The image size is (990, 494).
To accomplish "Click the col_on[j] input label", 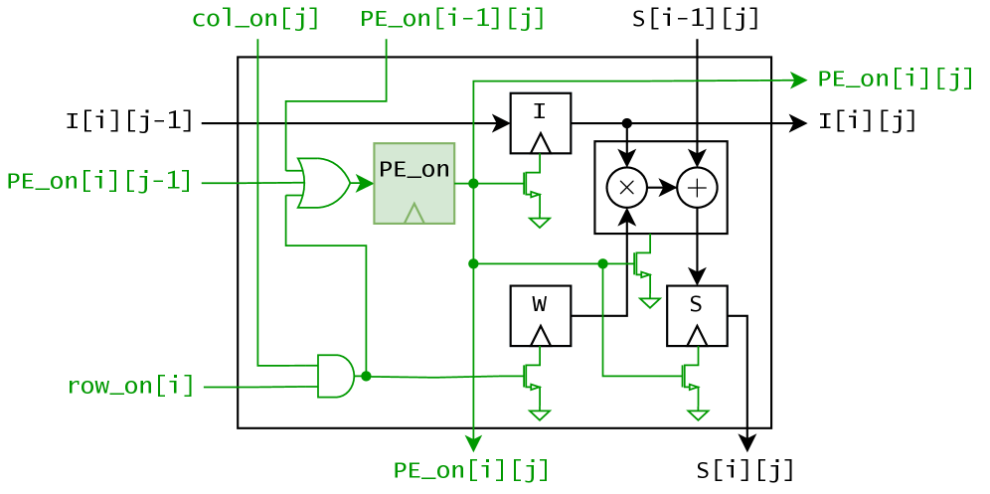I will click(255, 19).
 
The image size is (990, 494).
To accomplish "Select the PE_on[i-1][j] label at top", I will click(452, 19).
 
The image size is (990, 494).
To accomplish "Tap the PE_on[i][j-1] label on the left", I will click(98, 182).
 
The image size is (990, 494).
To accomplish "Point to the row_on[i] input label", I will click(130, 386).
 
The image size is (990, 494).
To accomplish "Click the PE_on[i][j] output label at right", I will click(895, 80).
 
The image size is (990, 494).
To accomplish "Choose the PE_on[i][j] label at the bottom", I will click(471, 470).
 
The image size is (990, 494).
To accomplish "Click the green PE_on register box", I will click(413, 183).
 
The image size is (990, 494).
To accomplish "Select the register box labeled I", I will click(540, 123).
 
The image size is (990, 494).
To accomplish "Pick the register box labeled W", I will click(540, 315).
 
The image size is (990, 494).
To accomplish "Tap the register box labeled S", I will click(696, 315).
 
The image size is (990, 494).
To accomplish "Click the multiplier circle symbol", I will click(626, 187).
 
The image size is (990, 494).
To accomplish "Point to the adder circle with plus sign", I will click(697, 187).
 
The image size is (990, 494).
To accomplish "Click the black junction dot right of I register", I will click(626, 123).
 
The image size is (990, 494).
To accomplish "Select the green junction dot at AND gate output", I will click(366, 376).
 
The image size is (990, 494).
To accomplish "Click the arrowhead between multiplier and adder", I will click(669, 187).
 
